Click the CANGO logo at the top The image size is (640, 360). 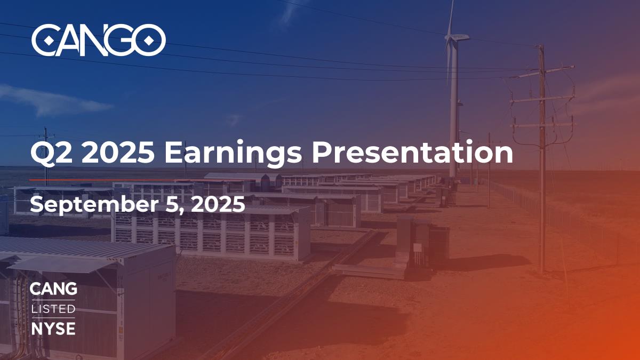(99, 40)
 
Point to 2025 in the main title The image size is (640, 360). (118, 153)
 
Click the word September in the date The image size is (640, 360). (94, 205)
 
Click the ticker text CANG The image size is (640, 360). (53, 289)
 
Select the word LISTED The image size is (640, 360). (53, 309)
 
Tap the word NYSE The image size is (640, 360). (53, 329)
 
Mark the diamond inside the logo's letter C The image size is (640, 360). (49, 41)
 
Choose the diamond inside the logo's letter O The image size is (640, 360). (148, 41)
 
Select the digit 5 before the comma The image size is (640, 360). (172, 204)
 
